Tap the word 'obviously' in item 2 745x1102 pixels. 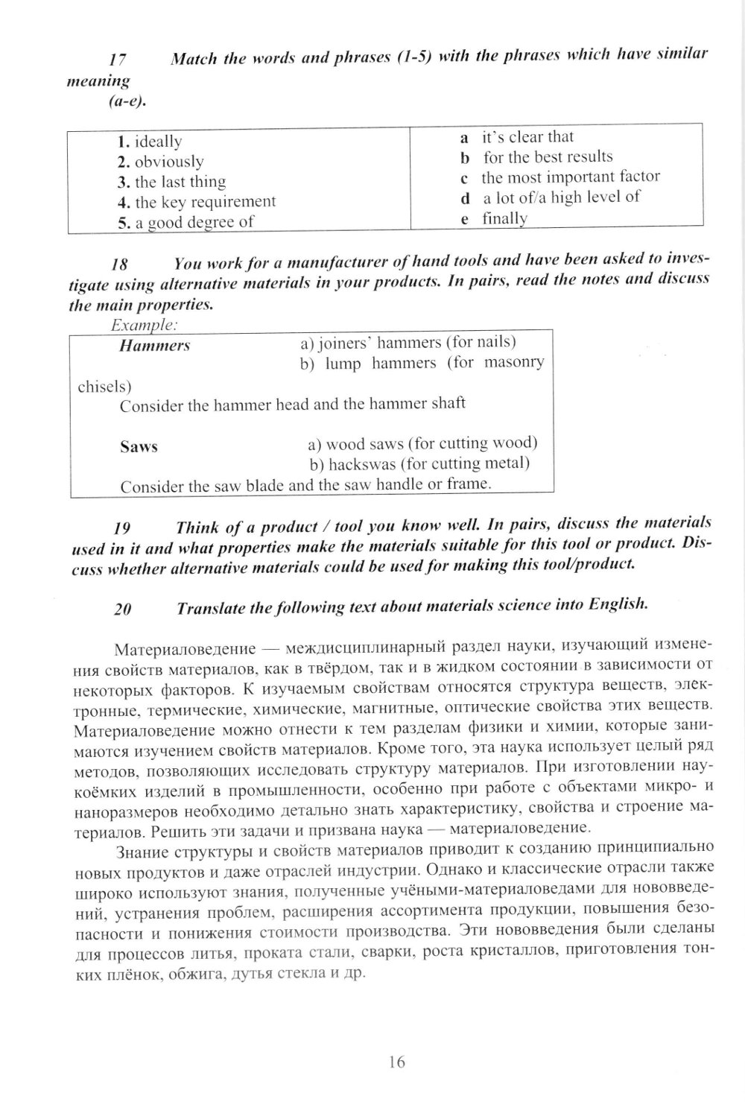point(169,162)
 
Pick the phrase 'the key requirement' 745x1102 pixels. point(205,202)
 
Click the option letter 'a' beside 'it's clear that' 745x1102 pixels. point(464,137)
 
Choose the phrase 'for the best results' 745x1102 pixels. point(548,157)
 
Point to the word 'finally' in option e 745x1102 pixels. point(504,219)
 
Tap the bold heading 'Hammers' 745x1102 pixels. point(154,346)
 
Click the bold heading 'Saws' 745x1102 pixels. point(139,447)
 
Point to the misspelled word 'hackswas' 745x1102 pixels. point(358,464)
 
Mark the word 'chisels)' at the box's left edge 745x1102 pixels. point(104,387)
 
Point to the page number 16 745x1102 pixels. point(396,1062)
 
